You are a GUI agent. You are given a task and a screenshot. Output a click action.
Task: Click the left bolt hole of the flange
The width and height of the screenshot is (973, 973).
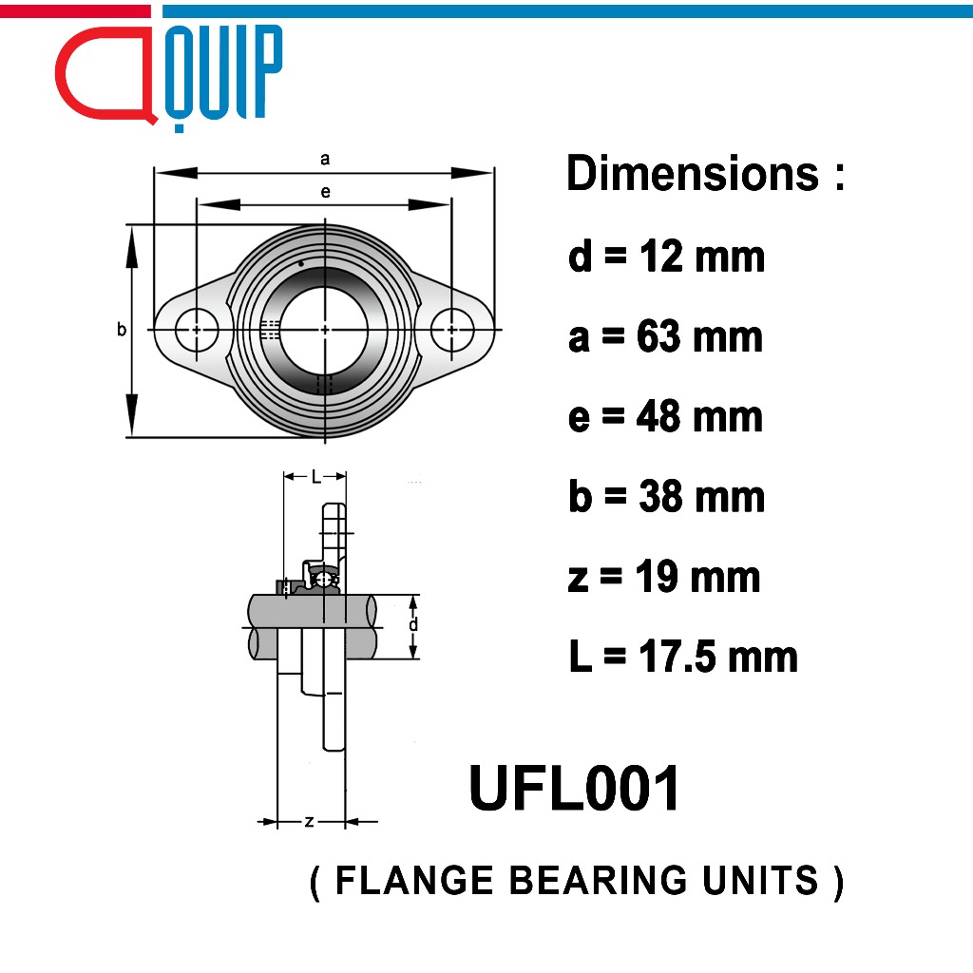pyautogui.click(x=197, y=330)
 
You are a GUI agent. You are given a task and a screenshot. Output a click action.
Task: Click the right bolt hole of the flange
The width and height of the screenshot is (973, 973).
pyautogui.click(x=451, y=330)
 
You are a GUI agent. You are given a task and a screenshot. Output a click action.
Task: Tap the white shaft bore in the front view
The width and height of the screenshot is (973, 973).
pyautogui.click(x=325, y=330)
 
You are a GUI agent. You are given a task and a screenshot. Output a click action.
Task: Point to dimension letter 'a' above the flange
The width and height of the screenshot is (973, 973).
pyautogui.click(x=325, y=159)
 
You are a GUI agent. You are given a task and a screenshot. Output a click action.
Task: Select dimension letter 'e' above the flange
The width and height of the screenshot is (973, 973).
pyautogui.click(x=325, y=192)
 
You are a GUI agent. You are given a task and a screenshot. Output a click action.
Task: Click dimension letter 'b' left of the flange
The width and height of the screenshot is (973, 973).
pyautogui.click(x=122, y=329)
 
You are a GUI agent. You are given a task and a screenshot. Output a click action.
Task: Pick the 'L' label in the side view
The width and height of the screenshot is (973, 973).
pyautogui.click(x=315, y=477)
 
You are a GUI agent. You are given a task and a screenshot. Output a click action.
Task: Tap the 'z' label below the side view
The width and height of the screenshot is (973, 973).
pyautogui.click(x=309, y=822)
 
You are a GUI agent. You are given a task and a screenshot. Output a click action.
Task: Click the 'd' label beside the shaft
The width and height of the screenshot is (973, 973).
pyautogui.click(x=413, y=623)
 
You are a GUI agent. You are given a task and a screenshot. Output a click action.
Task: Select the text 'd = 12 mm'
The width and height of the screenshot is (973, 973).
pyautogui.click(x=666, y=256)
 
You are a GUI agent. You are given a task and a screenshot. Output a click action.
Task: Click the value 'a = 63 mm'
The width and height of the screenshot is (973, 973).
pyautogui.click(x=665, y=336)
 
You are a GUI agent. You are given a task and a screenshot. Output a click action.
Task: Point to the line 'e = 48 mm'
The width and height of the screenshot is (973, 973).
pyautogui.click(x=665, y=416)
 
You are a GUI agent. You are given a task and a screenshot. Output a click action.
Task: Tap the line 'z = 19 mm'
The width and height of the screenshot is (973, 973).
pyautogui.click(x=664, y=577)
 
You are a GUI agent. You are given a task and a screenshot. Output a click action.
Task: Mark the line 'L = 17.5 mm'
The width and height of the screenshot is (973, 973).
pyautogui.click(x=683, y=657)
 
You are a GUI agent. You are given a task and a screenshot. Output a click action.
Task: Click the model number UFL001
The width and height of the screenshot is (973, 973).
pyautogui.click(x=574, y=788)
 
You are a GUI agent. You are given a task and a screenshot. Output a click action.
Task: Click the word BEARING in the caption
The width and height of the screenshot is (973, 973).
pyautogui.click(x=599, y=880)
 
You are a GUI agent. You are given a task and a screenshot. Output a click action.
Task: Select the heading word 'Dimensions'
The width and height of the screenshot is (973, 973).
pyautogui.click(x=693, y=173)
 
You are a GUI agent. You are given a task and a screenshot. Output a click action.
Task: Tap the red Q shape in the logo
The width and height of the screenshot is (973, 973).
pyautogui.click(x=105, y=74)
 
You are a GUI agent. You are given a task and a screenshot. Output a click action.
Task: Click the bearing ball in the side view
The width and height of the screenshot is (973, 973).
pyautogui.click(x=323, y=580)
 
